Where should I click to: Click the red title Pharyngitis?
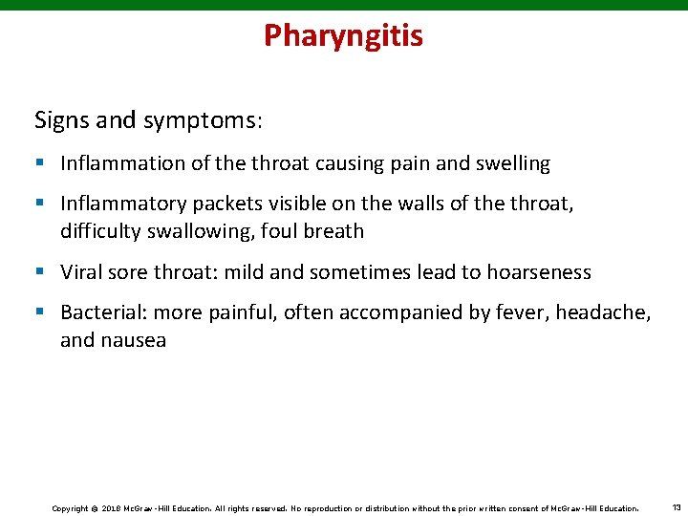[x=343, y=35]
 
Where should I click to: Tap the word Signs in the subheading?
[x=58, y=120]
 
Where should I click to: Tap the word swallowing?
[x=191, y=230]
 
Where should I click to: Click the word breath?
[x=331, y=230]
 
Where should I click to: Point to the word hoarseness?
[x=539, y=272]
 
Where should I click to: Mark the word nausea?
[x=134, y=340]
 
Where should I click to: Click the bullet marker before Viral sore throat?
[x=40, y=272]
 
